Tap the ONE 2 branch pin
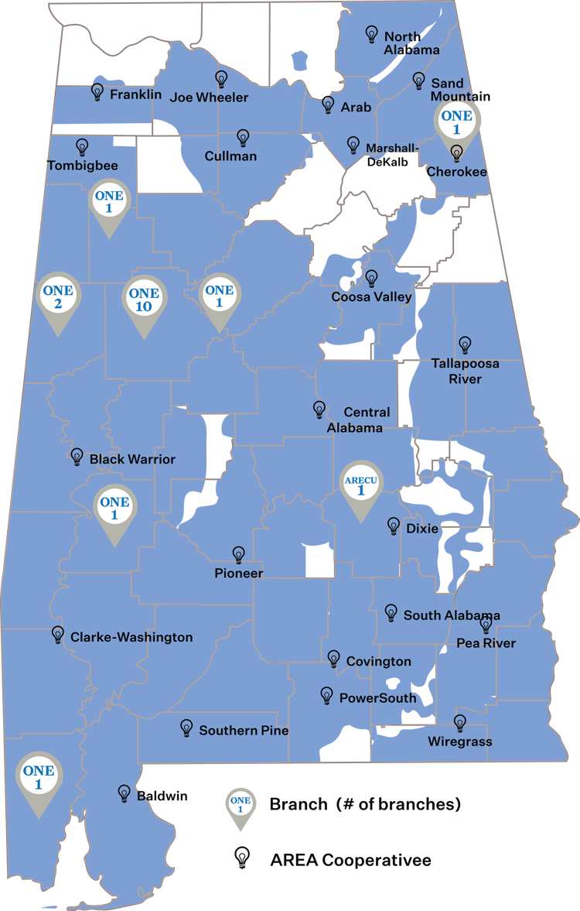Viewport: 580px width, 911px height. (59, 296)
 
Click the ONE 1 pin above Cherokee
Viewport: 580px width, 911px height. (456, 122)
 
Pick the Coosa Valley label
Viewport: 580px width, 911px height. (371, 296)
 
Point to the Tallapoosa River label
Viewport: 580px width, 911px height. (465, 371)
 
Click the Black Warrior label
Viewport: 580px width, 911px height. (132, 459)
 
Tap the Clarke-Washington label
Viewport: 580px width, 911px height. (131, 637)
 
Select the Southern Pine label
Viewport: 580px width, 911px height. (244, 730)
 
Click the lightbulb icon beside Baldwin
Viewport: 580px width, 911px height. (124, 793)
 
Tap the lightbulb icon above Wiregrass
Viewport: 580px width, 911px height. (460, 723)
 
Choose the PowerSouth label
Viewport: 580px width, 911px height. (377, 697)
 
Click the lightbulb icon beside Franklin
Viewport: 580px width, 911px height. (97, 91)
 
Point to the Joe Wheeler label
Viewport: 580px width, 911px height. (209, 97)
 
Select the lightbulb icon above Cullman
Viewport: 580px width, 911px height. (243, 138)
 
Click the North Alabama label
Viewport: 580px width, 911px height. (411, 43)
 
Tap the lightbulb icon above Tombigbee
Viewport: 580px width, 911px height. (82, 146)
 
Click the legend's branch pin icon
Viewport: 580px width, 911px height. (241, 806)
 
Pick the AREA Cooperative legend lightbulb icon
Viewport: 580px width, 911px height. (243, 856)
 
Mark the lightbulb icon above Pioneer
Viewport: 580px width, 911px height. (239, 554)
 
